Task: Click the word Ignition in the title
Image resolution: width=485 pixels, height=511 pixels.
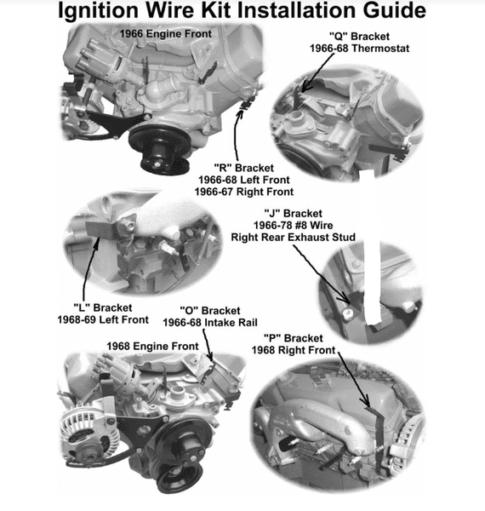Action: [x=99, y=11]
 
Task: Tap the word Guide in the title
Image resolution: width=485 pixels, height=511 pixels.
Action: [x=395, y=10]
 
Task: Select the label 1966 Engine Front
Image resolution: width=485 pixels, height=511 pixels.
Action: [x=166, y=33]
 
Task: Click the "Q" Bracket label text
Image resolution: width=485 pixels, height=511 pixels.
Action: [x=359, y=36]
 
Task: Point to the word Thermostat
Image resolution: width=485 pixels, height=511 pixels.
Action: [x=380, y=49]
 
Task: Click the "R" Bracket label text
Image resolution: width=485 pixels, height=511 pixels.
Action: [x=244, y=168]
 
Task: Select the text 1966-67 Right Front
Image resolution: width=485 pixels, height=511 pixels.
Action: [x=244, y=192]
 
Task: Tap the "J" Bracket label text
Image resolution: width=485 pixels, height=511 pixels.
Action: [x=293, y=214]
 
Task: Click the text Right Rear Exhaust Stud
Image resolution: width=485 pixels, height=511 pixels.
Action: [x=293, y=238]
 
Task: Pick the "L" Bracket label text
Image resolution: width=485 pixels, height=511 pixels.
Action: [x=103, y=307]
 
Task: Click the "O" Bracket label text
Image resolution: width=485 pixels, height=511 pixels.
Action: [x=210, y=311]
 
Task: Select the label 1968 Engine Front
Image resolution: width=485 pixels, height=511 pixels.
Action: [x=152, y=346]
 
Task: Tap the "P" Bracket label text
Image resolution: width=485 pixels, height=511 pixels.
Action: [x=294, y=338]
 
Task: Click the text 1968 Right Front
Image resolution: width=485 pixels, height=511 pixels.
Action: [x=294, y=350]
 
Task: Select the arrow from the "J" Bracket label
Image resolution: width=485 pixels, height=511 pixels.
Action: [x=322, y=274]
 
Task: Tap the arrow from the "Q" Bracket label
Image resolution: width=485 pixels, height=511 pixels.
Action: [x=317, y=72]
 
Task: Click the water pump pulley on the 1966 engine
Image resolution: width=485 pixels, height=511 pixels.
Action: [x=159, y=147]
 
